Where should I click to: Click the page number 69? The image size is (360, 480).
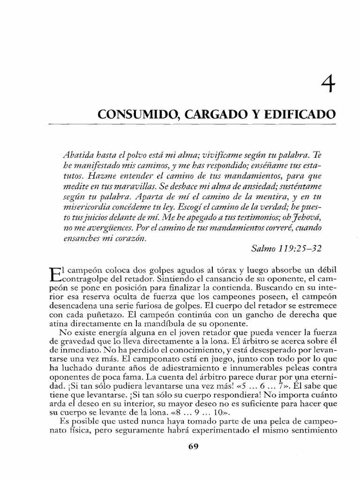194,446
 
